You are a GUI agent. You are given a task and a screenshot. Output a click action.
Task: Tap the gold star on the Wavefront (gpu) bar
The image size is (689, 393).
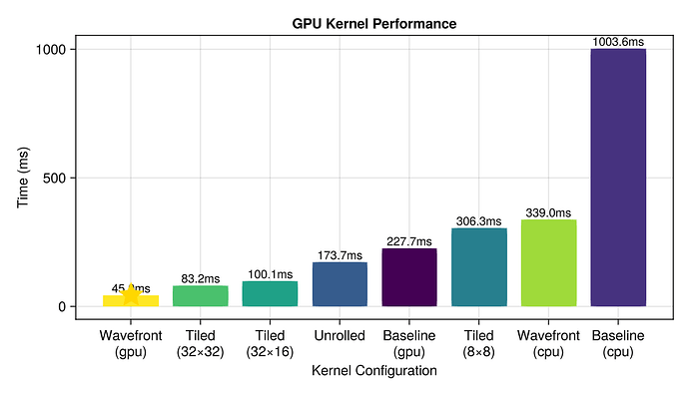[131, 295]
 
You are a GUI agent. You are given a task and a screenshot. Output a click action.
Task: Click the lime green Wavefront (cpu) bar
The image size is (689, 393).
[548, 263]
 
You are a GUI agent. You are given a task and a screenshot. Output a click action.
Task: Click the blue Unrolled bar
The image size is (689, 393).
[340, 284]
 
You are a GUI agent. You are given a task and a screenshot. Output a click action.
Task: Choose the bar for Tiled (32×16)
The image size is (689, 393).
[270, 294]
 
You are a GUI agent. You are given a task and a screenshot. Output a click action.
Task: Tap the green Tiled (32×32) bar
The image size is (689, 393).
[201, 296]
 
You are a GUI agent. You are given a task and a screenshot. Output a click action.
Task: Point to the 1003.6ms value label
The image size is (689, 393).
[618, 42]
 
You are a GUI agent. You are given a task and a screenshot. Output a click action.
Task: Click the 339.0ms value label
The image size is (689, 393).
[548, 212]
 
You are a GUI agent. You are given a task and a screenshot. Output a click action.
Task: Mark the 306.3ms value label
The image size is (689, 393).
[479, 221]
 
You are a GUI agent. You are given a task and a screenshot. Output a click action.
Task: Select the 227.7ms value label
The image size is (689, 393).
[409, 241]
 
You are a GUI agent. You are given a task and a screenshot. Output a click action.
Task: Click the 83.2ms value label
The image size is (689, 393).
[201, 278]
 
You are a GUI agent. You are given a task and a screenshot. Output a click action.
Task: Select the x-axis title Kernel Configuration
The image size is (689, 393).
[374, 370]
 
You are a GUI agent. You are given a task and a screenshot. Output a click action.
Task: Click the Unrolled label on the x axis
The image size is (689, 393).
[340, 335]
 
